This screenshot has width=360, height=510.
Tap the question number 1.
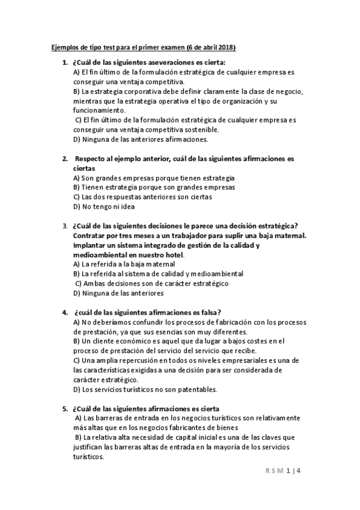(64, 63)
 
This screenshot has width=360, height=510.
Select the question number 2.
(64, 159)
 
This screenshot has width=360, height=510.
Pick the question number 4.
(64, 312)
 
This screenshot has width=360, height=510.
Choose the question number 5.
(64, 408)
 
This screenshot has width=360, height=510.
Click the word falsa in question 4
(206, 312)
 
